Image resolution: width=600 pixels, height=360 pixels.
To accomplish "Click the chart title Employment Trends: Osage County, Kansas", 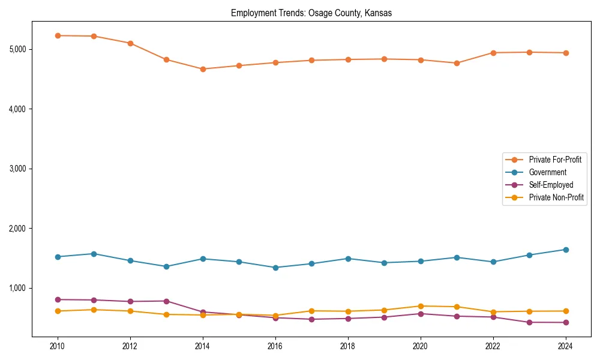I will pos(311,13).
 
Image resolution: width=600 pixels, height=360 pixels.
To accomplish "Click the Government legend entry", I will pos(547,172).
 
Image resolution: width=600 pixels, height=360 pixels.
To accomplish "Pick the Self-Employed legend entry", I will pos(551,185).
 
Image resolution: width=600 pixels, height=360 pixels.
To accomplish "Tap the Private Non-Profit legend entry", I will pos(556,197).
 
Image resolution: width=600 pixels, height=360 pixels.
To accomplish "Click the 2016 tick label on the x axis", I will pos(275,346).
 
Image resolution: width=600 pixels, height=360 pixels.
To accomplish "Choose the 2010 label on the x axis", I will pos(58,346).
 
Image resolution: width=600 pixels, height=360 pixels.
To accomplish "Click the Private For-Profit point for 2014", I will pos(203,69).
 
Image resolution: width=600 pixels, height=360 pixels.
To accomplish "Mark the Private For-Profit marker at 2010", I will pos(58,35).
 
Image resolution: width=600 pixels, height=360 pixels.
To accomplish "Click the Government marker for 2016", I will pos(275,268).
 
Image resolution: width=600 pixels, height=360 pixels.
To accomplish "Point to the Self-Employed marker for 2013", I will pos(167,301).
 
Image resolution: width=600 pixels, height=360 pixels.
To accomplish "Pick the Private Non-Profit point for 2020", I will pos(421,306).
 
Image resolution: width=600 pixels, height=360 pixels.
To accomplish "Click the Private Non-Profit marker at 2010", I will pos(58,311).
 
